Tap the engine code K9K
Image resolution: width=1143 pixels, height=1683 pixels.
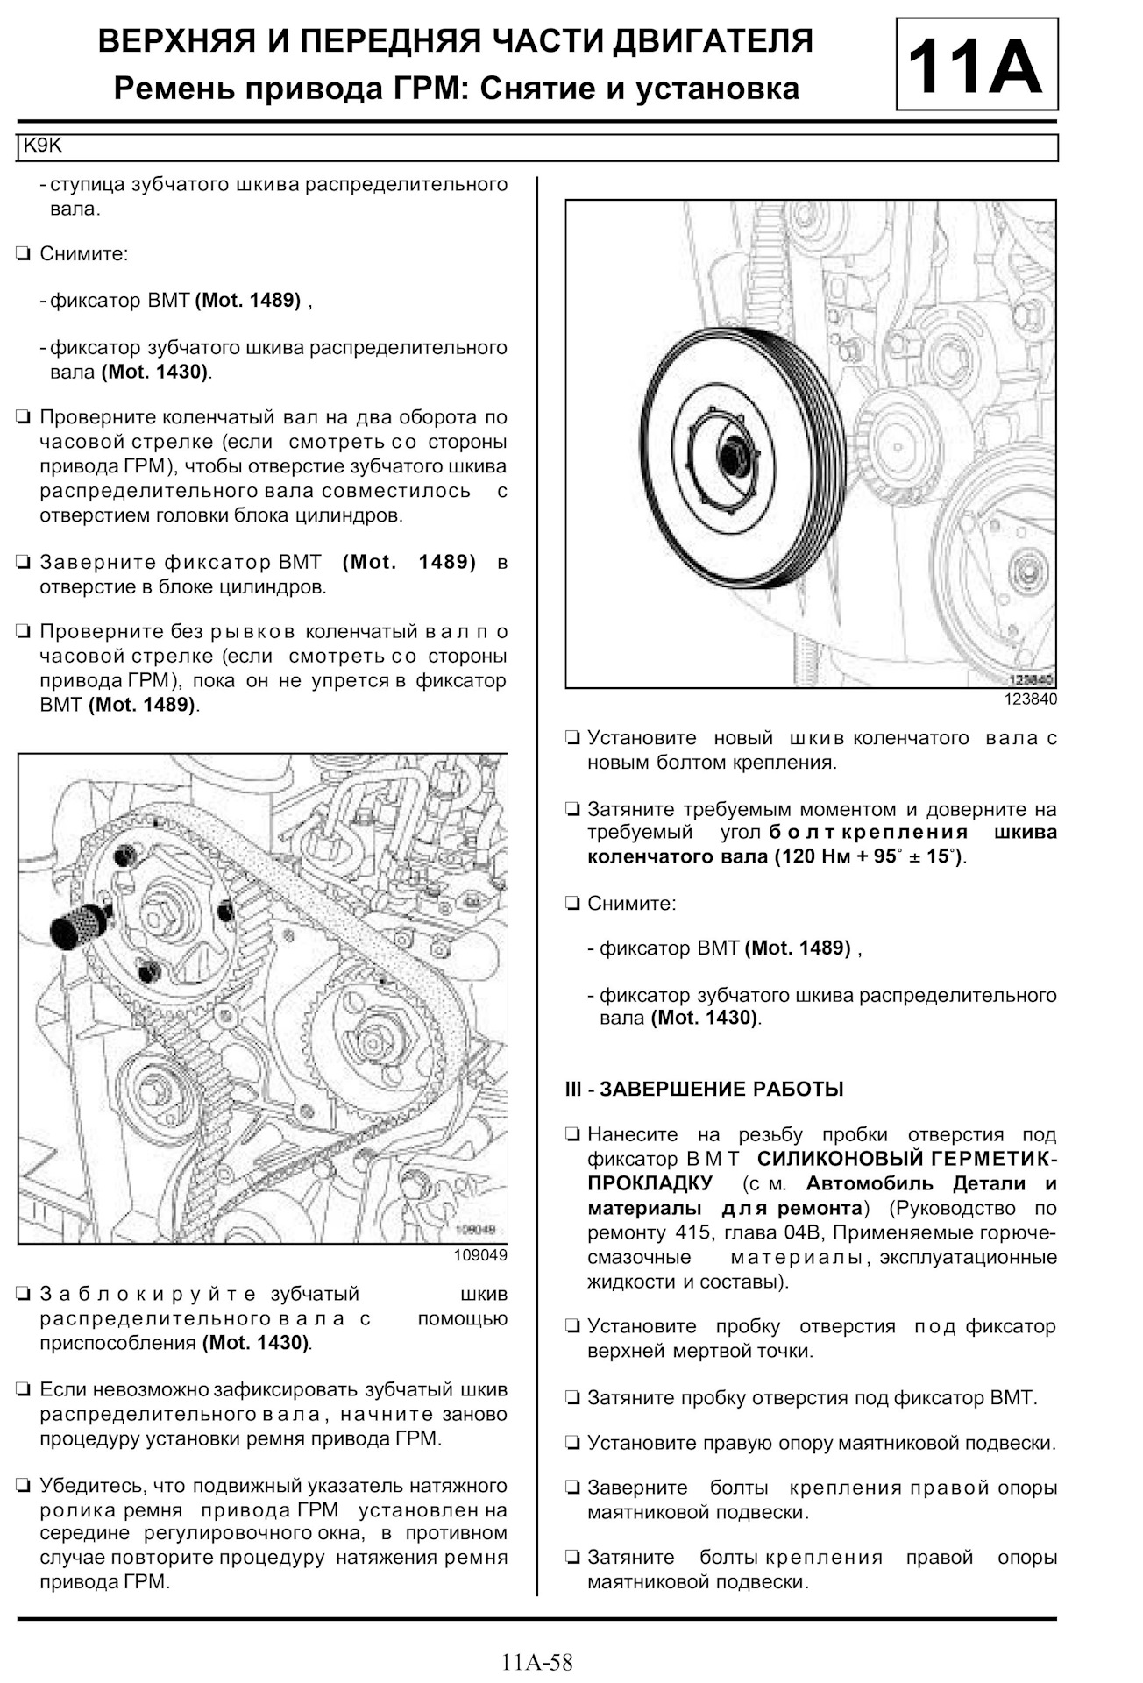click(42, 146)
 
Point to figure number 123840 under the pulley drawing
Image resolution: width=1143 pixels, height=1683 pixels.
click(1030, 699)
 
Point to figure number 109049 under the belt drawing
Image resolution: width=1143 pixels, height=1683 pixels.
click(480, 1255)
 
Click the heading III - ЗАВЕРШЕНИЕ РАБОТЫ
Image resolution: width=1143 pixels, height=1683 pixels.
click(704, 1090)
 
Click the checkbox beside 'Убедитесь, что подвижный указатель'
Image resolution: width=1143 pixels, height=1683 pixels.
click(24, 1486)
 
